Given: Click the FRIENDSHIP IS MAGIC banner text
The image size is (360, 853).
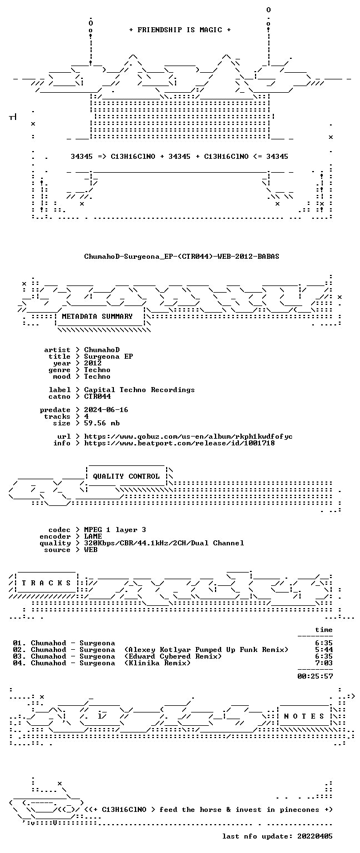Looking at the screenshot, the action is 180,29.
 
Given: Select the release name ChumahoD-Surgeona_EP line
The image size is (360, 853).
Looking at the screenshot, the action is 182,256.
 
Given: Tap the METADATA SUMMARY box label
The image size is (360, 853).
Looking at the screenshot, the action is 97,316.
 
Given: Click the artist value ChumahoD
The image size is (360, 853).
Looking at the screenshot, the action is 102,349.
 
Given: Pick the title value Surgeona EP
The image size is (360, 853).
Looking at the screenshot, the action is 108,357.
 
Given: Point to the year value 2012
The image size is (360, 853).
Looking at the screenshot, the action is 93,363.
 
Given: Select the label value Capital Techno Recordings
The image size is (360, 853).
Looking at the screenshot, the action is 139,389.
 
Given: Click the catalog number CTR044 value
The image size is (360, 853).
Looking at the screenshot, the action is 98,397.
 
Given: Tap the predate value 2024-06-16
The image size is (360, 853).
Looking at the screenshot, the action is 106,410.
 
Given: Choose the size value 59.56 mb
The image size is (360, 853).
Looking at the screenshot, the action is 102,423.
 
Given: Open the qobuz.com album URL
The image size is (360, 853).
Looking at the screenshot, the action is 188,436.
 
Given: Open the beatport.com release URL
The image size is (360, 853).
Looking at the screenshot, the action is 179,443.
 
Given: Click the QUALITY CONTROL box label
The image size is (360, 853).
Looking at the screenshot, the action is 126,476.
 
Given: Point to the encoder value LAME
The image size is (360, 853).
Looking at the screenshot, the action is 93,536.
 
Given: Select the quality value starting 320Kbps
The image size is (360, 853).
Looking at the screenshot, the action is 164,543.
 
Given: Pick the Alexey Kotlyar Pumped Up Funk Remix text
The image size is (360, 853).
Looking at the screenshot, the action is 206,650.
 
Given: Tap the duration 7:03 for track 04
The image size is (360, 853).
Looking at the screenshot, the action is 324,663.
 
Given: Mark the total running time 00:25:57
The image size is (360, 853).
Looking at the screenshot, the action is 315,676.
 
